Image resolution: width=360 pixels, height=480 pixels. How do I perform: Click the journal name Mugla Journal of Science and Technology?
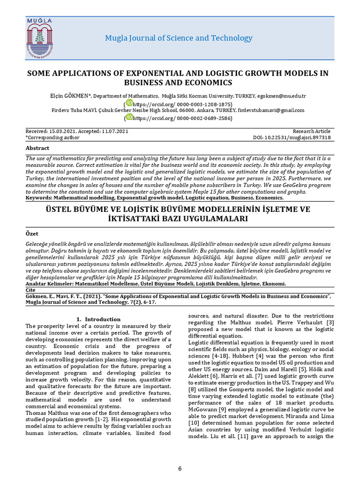point(178,38)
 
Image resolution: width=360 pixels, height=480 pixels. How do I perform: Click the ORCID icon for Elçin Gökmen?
point(129,103)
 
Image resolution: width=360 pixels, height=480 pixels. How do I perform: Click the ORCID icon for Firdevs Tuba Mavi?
point(129,118)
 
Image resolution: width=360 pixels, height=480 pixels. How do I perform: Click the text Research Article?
point(311,131)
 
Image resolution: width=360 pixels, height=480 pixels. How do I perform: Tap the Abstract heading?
point(37,148)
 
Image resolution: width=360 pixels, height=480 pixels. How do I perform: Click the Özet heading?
point(32,233)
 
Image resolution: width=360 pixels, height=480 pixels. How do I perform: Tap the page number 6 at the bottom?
point(180,469)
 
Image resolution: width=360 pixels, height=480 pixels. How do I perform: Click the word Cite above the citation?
point(30,290)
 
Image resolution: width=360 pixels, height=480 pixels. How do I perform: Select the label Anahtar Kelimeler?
point(50,284)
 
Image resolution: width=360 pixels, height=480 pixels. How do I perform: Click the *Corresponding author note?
point(52,138)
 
